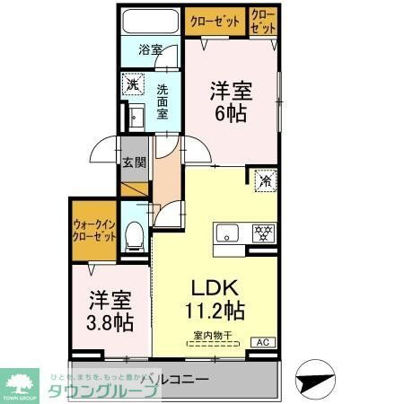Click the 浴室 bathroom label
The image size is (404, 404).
click(x=151, y=50)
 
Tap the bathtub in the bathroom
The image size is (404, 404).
click(x=151, y=22)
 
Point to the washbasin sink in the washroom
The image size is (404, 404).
click(x=136, y=117)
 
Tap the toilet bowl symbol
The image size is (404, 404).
click(x=136, y=236)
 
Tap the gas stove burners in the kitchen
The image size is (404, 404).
click(x=264, y=233)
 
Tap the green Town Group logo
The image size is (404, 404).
click(x=22, y=382)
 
